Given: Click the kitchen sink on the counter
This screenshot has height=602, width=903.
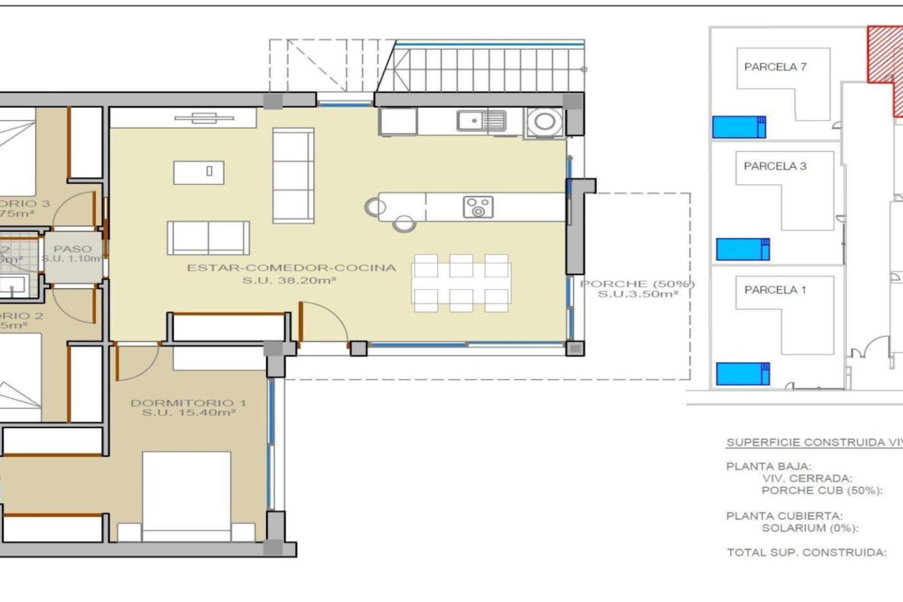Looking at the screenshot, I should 481,121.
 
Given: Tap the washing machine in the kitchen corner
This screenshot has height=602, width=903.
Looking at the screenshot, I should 544,122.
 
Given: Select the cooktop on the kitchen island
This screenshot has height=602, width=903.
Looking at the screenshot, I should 478,207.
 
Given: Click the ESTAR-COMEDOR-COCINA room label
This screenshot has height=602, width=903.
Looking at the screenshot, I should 292,268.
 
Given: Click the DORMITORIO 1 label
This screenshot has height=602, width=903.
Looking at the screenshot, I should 188,403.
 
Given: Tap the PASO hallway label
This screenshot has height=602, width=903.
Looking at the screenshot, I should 72,249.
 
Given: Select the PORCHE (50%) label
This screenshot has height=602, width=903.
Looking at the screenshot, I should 637,284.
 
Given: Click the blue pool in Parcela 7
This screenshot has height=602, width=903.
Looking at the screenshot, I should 738,127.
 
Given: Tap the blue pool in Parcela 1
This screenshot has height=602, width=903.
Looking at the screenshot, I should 742,373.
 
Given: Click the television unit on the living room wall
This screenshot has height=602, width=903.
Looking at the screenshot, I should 204,118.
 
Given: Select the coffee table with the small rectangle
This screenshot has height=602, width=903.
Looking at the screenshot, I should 198,172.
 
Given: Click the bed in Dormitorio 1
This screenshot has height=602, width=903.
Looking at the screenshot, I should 186,494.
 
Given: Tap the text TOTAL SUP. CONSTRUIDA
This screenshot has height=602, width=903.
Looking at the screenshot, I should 806,553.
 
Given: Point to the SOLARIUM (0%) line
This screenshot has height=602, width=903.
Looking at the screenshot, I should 810,528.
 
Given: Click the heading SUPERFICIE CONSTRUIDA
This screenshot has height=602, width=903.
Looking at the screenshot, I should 814,443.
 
